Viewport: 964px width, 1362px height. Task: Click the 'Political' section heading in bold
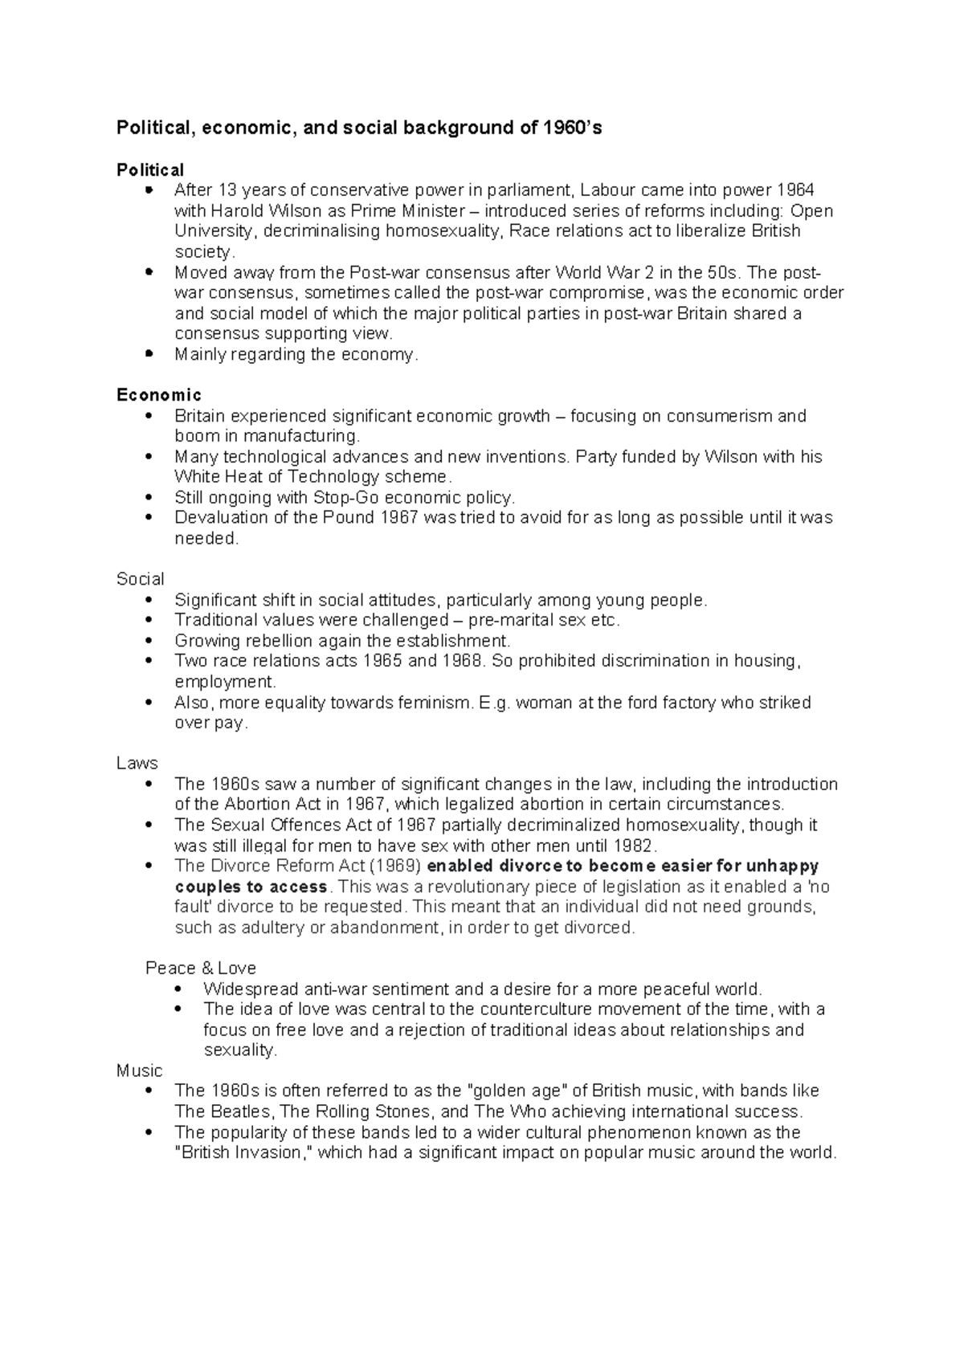pos(150,170)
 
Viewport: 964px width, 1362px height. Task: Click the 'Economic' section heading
pos(159,395)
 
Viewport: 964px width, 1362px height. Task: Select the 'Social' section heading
pos(140,579)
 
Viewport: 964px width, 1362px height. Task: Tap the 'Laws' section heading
pos(137,763)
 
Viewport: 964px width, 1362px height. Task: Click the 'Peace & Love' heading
pos(201,968)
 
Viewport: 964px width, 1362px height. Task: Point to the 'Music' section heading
pos(139,1070)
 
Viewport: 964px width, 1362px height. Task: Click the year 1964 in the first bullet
pos(795,190)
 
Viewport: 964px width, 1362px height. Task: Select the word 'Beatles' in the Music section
pos(241,1112)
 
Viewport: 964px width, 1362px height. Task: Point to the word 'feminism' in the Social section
pos(435,703)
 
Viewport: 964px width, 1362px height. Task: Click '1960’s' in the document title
pos(572,128)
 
